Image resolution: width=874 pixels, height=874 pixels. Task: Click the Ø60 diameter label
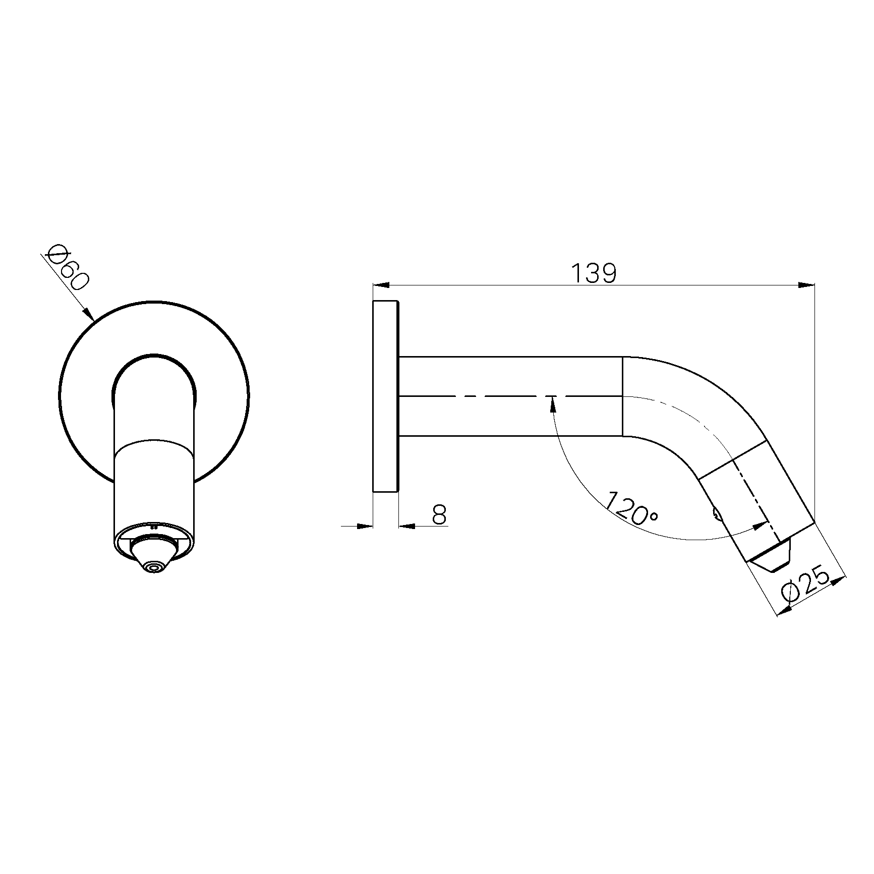68,268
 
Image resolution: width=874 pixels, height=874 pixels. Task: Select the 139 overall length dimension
594,273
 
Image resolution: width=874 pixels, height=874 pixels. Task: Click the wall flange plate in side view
386,396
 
